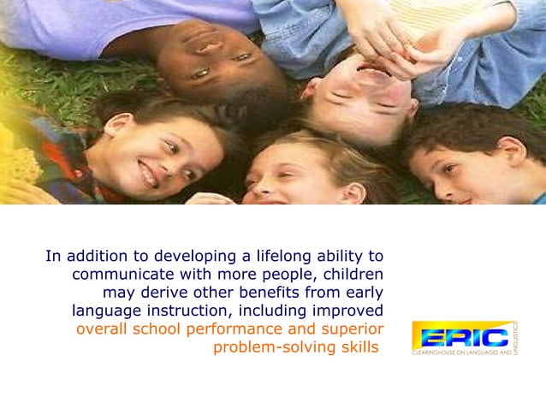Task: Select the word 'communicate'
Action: (x=120, y=275)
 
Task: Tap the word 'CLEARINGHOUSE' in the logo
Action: (x=442, y=352)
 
